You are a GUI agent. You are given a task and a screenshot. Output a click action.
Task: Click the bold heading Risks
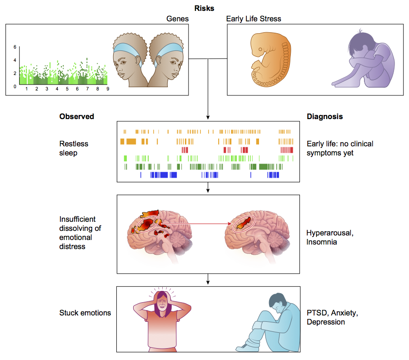tap(204, 8)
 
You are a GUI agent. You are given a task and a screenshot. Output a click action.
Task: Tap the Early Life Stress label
tap(254, 19)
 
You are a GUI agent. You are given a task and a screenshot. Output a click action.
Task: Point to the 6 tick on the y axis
tap(15, 47)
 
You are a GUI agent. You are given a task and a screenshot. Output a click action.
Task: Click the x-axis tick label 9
tap(108, 89)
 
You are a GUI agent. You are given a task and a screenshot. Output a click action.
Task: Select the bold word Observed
tap(76, 116)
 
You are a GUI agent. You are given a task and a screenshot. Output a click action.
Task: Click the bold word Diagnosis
tap(324, 116)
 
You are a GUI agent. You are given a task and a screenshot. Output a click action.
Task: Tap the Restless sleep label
tap(74, 148)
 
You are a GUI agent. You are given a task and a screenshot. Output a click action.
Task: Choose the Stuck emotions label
tap(85, 313)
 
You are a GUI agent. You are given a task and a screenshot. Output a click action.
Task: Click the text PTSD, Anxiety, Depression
tap(332, 317)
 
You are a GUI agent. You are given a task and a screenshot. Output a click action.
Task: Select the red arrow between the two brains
tap(195, 224)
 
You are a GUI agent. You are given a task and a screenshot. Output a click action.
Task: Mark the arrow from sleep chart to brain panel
tap(208, 187)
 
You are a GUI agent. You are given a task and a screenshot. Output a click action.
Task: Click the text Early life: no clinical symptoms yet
tap(340, 148)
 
